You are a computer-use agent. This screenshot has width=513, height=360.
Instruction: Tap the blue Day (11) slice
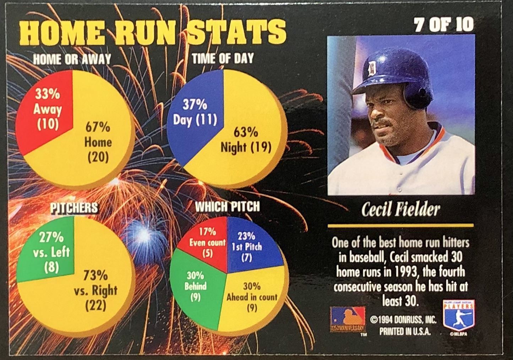[195, 112]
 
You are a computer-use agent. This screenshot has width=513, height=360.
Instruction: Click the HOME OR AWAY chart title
[72, 59]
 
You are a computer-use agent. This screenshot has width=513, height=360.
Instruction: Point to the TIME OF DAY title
[223, 58]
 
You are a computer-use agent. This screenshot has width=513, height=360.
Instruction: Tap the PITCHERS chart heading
[74, 207]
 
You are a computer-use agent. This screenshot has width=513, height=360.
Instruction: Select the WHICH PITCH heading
[227, 206]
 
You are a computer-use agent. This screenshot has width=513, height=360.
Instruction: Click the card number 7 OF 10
[444, 25]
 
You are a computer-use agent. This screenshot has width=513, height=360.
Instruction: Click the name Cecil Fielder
[400, 210]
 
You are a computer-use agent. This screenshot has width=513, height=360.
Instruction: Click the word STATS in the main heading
[237, 31]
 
